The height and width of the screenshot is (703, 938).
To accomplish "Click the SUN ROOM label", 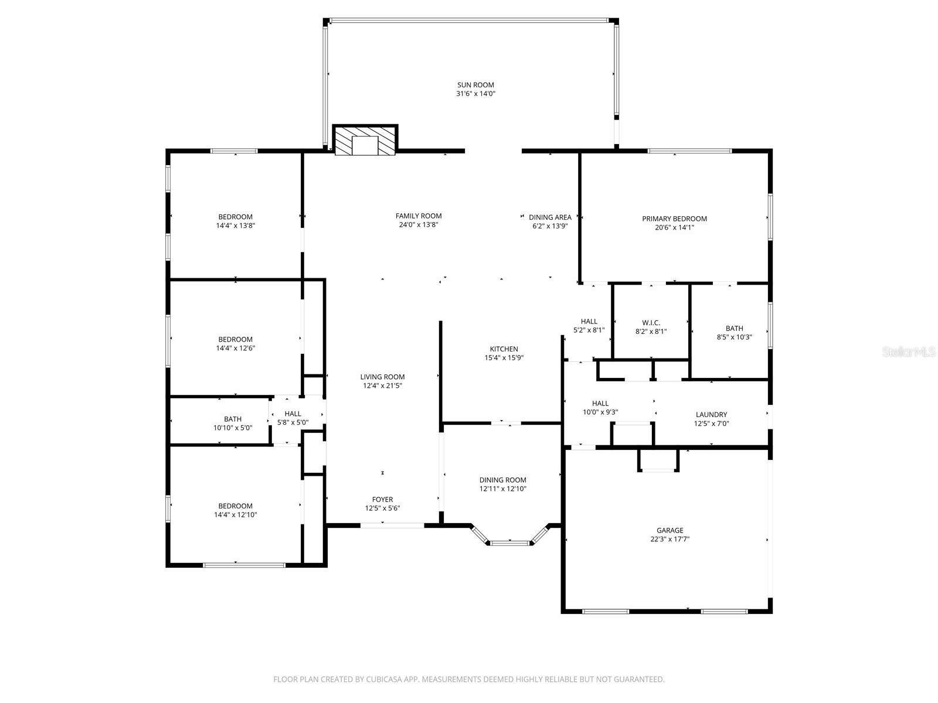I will (475, 85).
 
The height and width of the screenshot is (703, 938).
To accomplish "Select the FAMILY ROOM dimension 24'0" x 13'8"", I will (418, 225).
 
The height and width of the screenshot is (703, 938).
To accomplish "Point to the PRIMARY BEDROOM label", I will (674, 219).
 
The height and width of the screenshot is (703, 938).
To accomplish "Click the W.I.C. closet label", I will (651, 323).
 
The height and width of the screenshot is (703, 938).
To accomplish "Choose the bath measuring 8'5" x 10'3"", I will (734, 333).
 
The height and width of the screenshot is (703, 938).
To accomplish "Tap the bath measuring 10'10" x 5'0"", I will (232, 423).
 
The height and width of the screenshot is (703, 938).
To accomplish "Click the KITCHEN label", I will (504, 349).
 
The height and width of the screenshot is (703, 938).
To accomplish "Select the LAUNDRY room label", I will (711, 414).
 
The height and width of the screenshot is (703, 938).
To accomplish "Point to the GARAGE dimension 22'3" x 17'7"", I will (669, 540).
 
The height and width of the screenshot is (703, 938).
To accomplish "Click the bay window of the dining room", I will (509, 542).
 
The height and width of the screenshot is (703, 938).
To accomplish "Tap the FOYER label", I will (383, 500).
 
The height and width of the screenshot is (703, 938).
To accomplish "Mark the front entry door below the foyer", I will (392, 525).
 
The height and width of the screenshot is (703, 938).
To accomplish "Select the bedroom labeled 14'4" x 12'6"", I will (235, 343).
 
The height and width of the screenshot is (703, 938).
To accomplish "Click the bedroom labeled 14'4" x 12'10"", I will (235, 510).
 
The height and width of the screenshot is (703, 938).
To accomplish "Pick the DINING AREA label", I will (550, 217).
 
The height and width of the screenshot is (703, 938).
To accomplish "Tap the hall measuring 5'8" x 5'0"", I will (293, 418).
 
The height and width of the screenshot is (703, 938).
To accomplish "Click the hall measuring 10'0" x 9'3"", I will (600, 407).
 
